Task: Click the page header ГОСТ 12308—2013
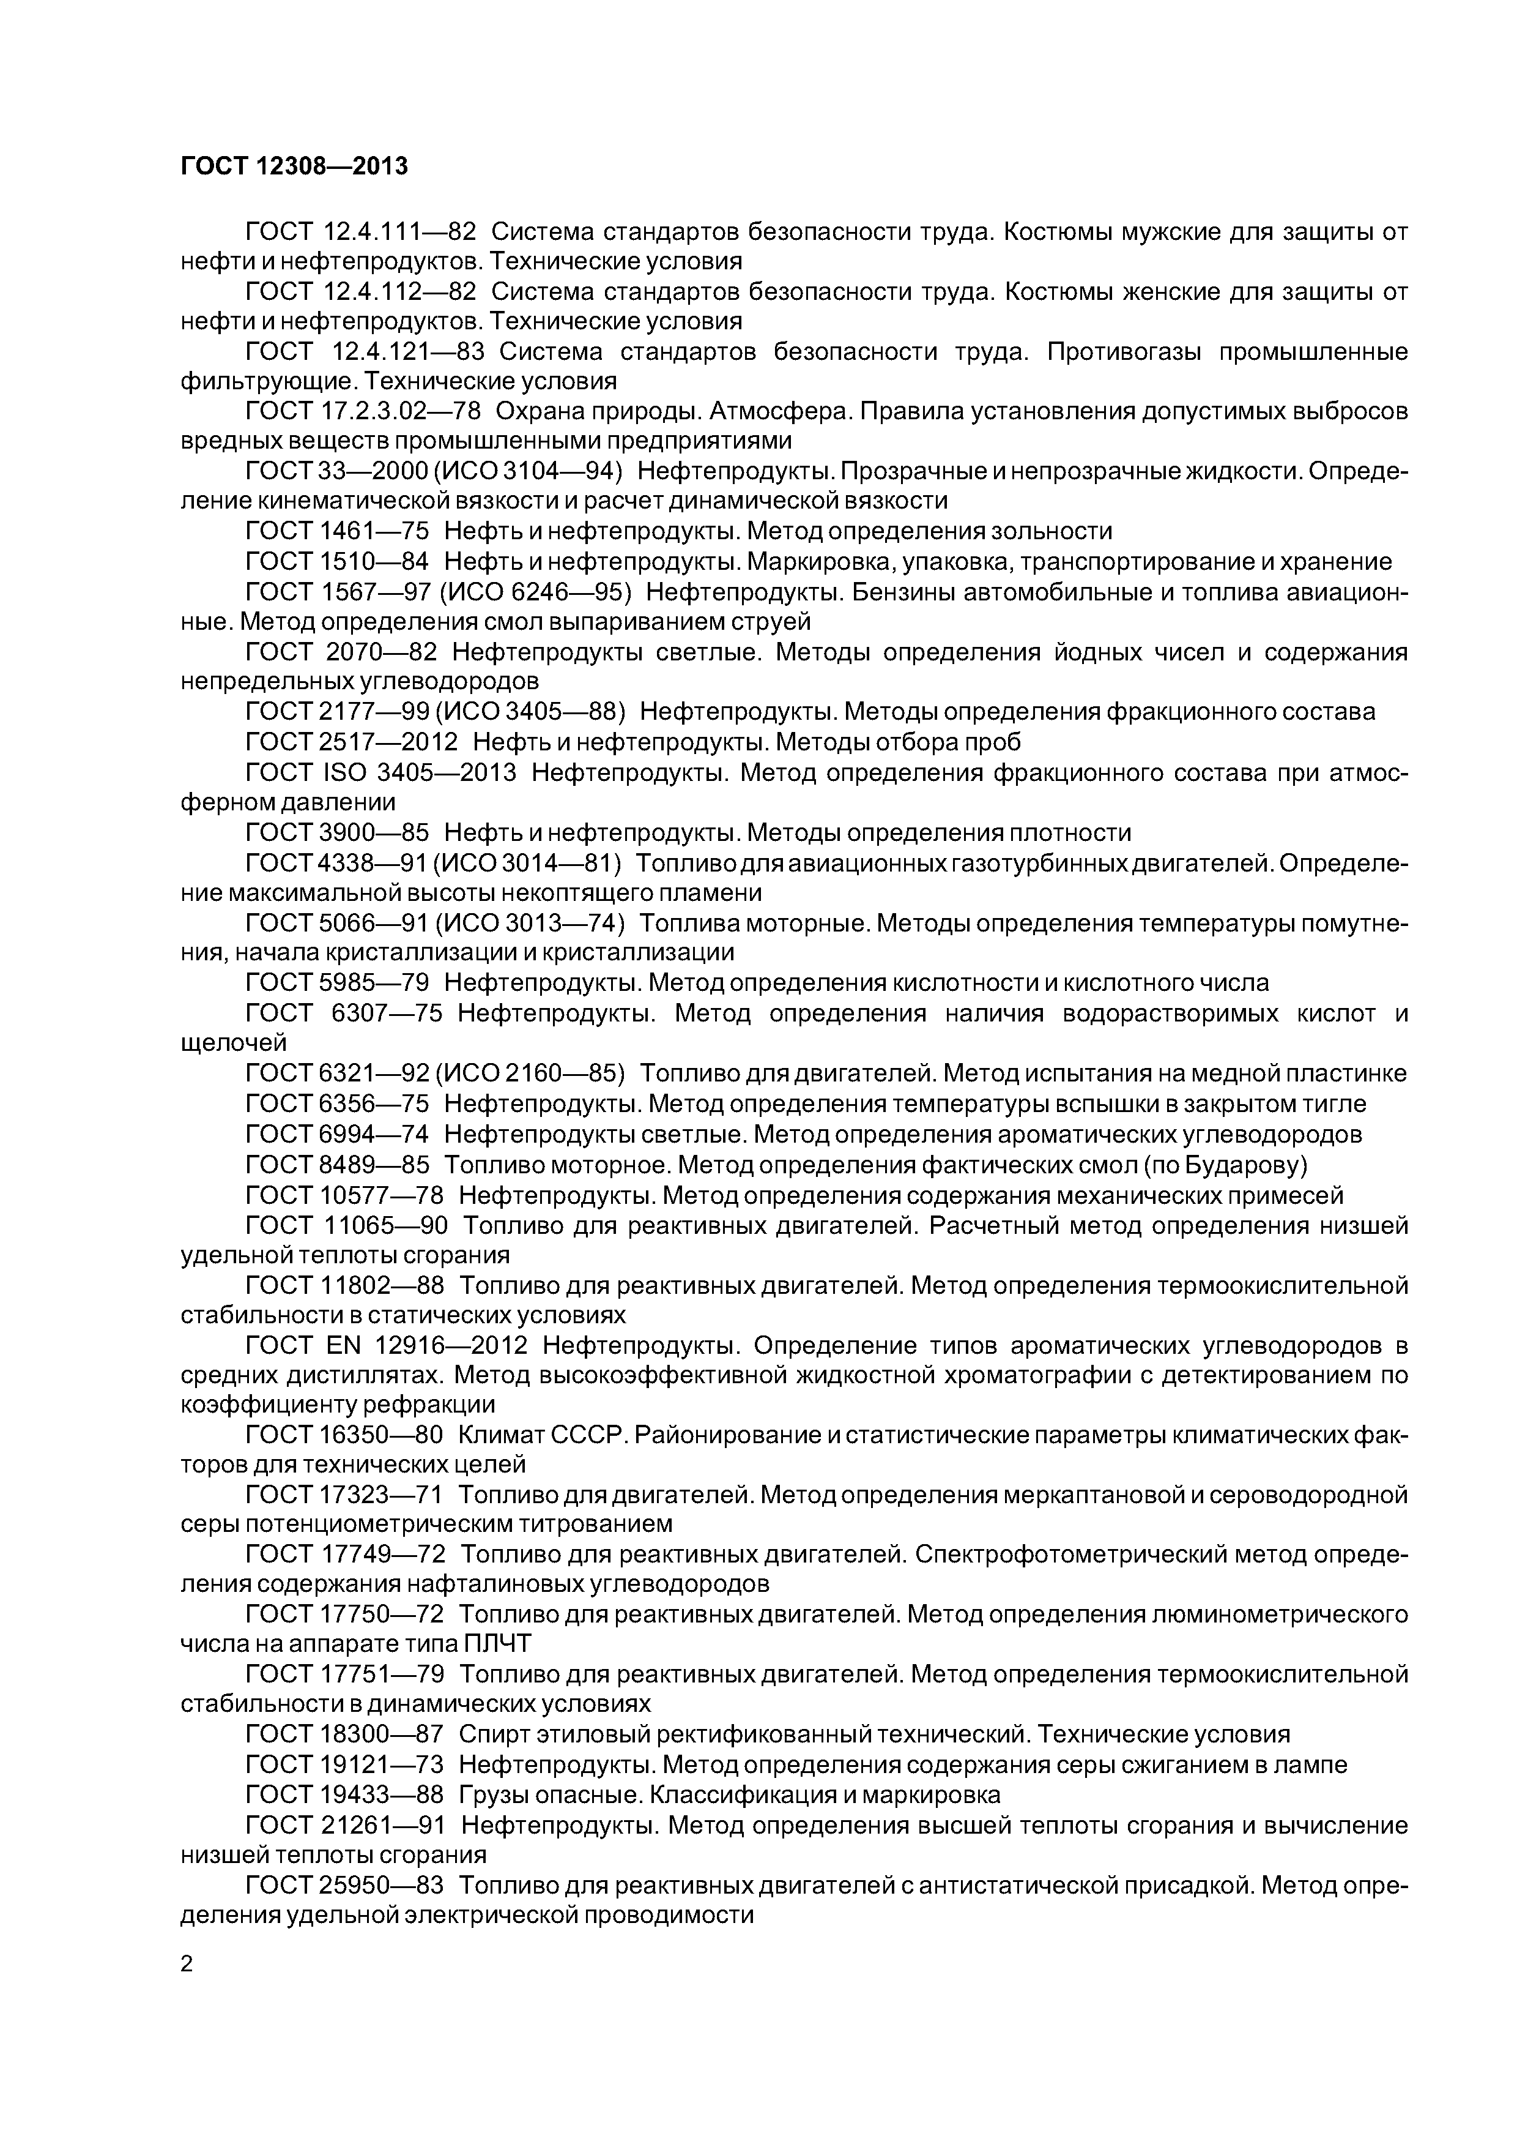pos(294,166)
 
